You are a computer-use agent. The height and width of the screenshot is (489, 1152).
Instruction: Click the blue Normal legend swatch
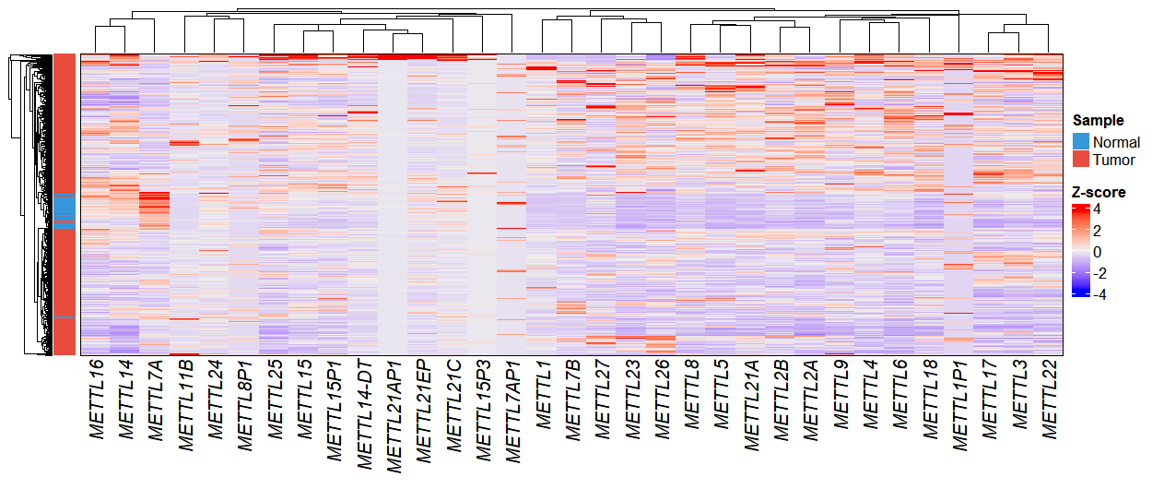coord(1080,142)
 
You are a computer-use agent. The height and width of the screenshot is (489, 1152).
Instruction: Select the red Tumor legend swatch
coord(1080,160)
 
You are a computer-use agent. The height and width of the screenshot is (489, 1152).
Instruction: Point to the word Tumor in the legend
coord(1113,161)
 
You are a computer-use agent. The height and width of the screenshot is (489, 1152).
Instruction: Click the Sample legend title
coord(1098,120)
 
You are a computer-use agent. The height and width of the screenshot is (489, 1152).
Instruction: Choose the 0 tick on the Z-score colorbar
coord(1098,252)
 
